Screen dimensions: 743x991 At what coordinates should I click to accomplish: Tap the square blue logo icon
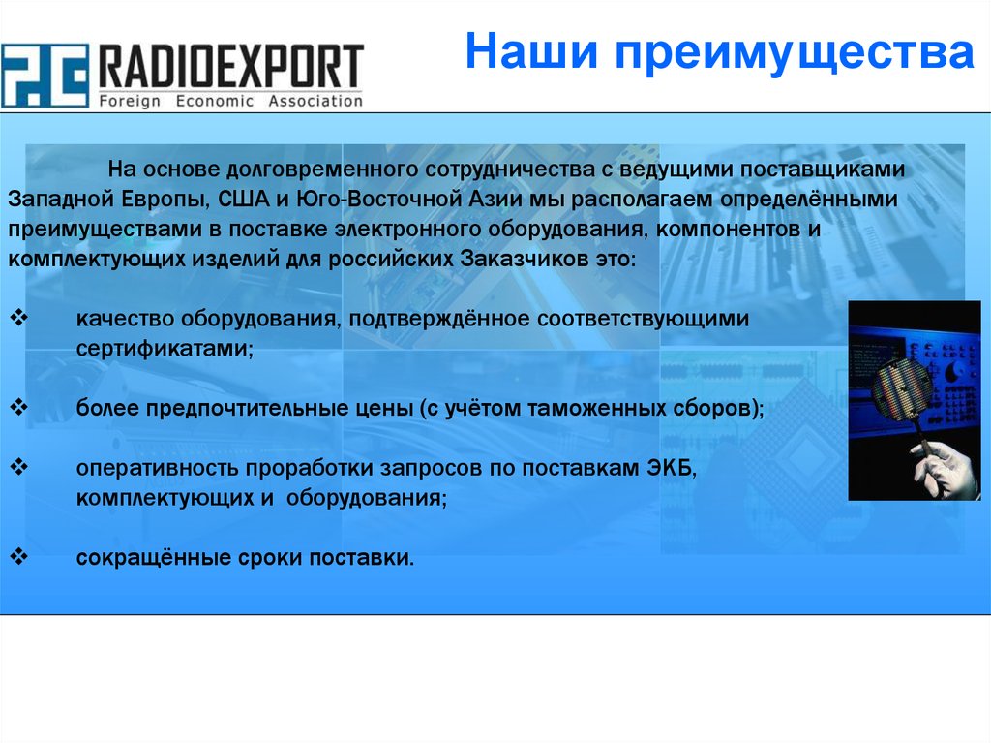tap(45, 76)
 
